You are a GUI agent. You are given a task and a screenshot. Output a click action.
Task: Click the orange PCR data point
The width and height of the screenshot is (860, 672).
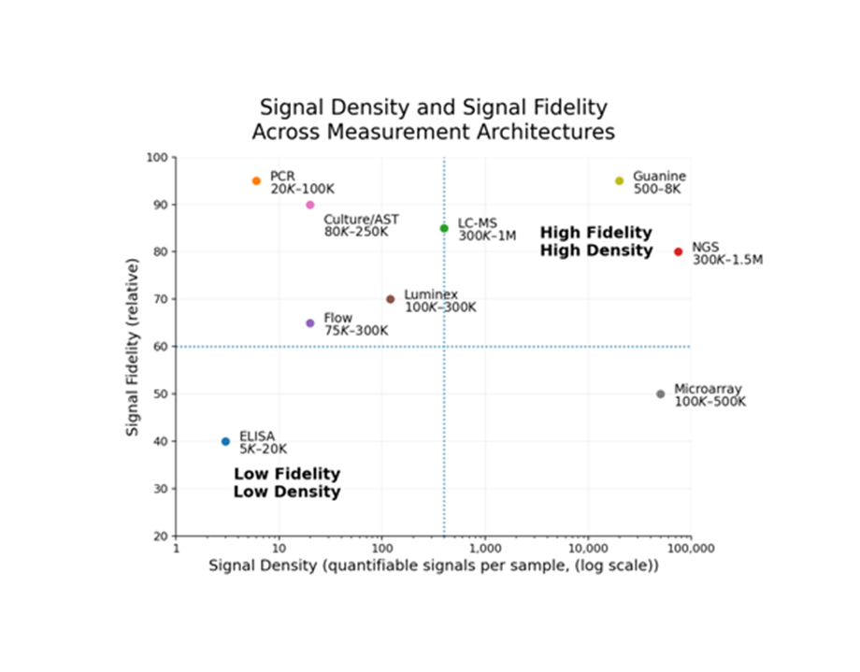(x=256, y=181)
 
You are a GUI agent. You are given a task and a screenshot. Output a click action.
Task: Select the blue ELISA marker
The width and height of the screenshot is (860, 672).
(x=225, y=441)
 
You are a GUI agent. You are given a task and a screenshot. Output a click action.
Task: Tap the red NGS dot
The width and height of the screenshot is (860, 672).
(x=679, y=251)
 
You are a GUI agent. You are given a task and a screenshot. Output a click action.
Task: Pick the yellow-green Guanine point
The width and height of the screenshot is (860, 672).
(x=619, y=181)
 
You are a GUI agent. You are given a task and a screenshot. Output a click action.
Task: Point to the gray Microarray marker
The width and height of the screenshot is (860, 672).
(x=660, y=394)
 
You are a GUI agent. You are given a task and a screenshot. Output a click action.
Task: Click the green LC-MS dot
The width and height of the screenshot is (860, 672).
(x=444, y=228)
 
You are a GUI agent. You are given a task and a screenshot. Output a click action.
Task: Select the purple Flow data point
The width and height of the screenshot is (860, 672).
(x=310, y=323)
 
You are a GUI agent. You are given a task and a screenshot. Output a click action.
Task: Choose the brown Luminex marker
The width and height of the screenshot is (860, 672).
(x=391, y=299)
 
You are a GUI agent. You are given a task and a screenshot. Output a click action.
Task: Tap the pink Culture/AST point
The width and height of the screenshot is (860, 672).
(x=310, y=205)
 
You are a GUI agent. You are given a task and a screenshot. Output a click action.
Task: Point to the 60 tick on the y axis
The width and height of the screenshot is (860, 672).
(x=161, y=347)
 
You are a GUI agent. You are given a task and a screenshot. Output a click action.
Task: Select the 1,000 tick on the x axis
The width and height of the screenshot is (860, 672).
(x=484, y=548)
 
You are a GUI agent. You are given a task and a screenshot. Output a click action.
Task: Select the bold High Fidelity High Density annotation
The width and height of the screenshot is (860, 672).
(x=596, y=241)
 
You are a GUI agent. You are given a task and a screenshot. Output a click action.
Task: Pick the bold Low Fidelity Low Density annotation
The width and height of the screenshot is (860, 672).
(x=287, y=483)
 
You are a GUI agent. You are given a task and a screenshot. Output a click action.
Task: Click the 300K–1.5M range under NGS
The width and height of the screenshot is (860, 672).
(x=727, y=260)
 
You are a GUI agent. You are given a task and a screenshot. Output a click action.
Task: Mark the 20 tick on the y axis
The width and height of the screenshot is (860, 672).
(x=161, y=536)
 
